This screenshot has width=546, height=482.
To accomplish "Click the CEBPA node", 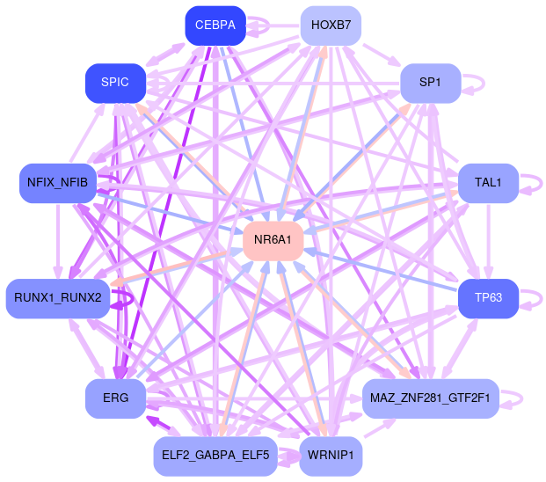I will tap(215, 26).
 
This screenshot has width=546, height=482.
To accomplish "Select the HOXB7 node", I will tap(331, 26).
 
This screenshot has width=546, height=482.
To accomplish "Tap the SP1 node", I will tap(430, 83).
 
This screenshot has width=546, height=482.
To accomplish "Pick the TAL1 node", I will tap(487, 183).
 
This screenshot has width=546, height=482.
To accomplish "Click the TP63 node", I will tap(487, 297).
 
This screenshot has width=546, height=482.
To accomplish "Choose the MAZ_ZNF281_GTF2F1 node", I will tap(431, 398).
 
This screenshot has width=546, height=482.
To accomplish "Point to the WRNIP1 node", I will tap(331, 456).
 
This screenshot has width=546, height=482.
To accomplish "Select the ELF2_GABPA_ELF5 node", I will tap(215, 456).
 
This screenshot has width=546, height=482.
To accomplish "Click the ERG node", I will tap(115, 398).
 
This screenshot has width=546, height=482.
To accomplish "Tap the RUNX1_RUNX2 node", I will tap(58, 297).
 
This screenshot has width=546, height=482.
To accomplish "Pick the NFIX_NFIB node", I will tap(58, 183).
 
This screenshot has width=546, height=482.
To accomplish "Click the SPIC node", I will tap(115, 83).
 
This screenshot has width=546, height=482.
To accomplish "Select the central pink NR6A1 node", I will tap(273, 240).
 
